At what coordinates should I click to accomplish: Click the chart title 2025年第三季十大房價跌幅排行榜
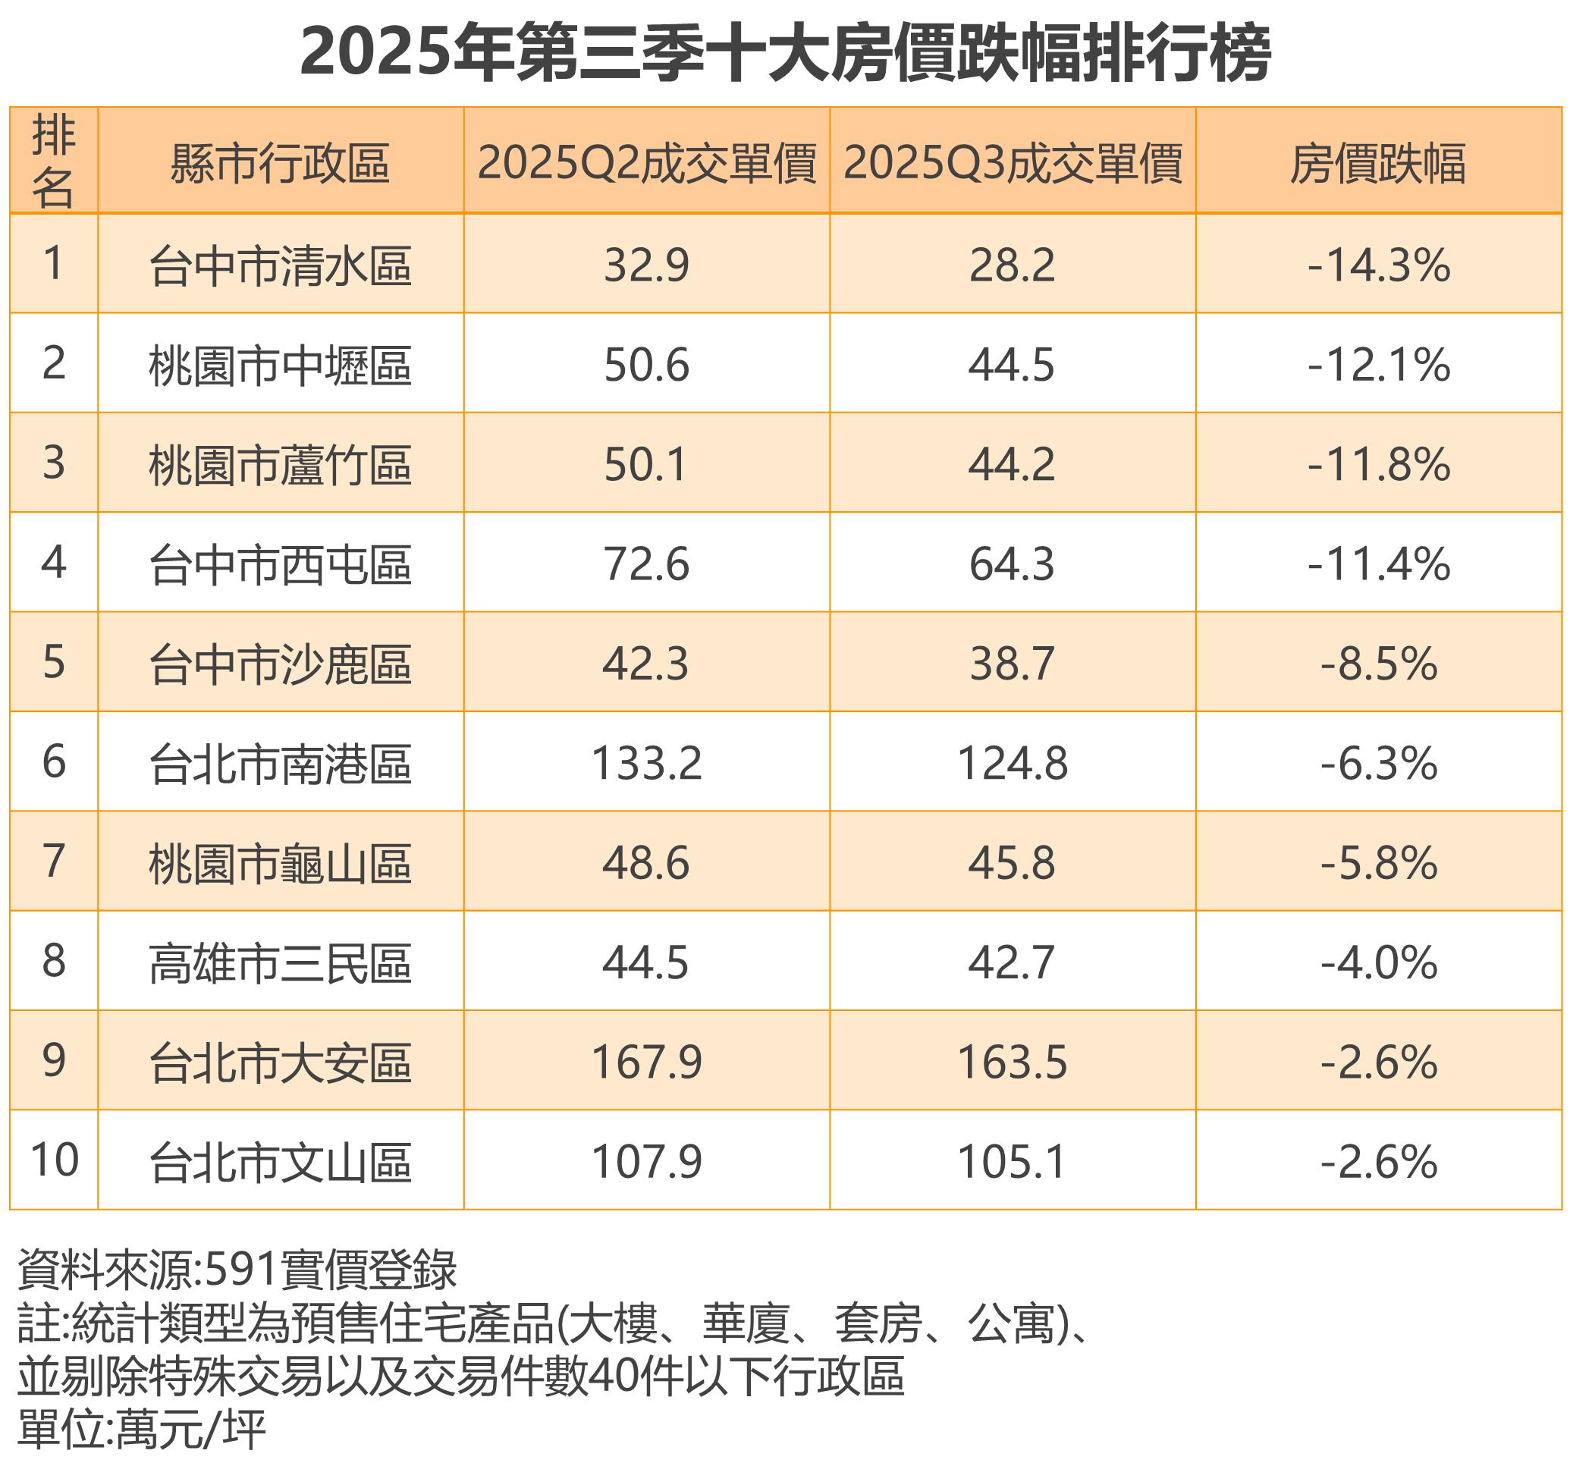[x=785, y=54]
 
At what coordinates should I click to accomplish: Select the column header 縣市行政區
[x=281, y=163]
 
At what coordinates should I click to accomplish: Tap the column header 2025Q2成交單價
[x=646, y=163]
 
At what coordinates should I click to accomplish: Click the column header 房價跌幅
[x=1377, y=163]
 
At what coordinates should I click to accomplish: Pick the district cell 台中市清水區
[x=281, y=265]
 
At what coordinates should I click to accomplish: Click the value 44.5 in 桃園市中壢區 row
[x=1012, y=365]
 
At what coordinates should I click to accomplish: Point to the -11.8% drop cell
[x=1378, y=464]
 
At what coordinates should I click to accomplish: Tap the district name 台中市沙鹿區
[x=281, y=664]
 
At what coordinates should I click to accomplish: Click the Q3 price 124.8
[x=1012, y=764]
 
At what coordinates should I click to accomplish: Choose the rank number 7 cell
[x=54, y=862]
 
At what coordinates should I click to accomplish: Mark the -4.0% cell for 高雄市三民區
[x=1378, y=962]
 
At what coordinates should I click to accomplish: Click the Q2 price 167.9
[x=646, y=1062]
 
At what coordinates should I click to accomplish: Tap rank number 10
[x=54, y=1160]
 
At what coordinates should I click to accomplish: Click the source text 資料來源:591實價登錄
[x=237, y=1270]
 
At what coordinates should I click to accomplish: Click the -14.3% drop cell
[x=1378, y=265]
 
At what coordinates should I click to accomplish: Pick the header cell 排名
[x=54, y=161]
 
